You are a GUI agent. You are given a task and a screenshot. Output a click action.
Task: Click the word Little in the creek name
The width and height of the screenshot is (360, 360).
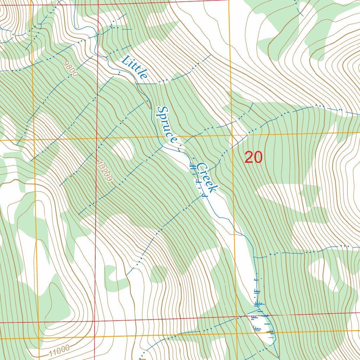click(x=135, y=68)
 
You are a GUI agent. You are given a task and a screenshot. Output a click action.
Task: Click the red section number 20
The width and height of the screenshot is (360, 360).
click(x=253, y=157)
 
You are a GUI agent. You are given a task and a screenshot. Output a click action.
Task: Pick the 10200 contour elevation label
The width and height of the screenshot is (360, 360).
click(x=105, y=171)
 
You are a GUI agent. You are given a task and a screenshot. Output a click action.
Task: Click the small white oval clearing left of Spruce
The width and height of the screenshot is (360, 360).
click(x=123, y=150)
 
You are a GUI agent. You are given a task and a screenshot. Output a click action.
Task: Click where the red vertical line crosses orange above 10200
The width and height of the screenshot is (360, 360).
click(x=97, y=138)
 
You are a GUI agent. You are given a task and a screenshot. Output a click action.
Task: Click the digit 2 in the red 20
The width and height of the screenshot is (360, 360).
click(x=249, y=157)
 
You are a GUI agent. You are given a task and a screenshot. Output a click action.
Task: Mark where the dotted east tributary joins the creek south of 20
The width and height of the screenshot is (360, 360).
click(x=254, y=257)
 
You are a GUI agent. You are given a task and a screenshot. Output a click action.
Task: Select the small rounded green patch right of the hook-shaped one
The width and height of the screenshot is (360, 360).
click(x=159, y=274)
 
